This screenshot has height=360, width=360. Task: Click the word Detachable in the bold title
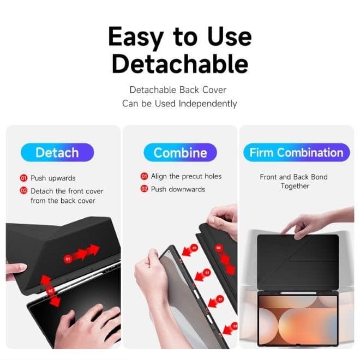[x=180, y=64]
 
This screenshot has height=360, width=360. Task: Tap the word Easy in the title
[x=136, y=37]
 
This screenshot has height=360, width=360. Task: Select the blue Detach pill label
[x=57, y=152]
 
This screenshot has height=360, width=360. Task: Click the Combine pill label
[x=180, y=152]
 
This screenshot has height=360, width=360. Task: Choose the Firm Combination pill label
[x=296, y=152]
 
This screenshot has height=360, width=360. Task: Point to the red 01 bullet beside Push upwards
[x=23, y=178]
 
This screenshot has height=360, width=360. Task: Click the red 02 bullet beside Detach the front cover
[x=23, y=190]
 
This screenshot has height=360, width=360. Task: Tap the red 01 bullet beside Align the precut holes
[x=144, y=176]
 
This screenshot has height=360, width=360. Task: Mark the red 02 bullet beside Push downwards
[x=144, y=189]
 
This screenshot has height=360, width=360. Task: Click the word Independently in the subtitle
[x=208, y=104]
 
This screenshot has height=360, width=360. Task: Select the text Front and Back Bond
[x=293, y=177]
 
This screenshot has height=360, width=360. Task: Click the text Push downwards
[x=178, y=189]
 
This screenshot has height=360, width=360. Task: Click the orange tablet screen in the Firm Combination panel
[x=298, y=320]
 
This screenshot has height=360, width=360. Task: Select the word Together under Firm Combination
[x=295, y=186]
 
